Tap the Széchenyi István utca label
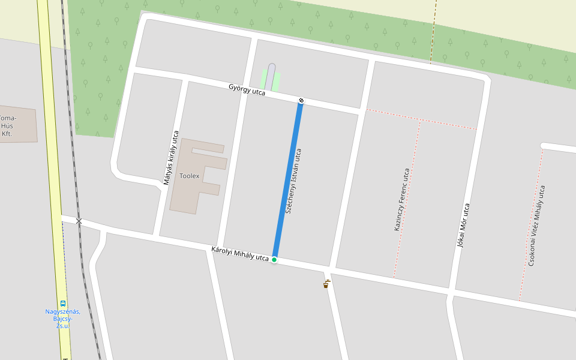click(294, 181)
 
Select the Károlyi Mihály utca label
click(240, 254)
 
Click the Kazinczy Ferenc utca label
click(402, 199)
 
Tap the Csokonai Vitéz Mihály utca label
click(536, 225)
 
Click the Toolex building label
click(190, 176)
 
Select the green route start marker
click(274, 259)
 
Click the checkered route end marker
click(301, 100)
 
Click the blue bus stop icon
click(63, 304)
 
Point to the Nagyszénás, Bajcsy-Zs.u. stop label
click(63, 318)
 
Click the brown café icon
click(326, 284)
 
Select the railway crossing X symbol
click(79, 221)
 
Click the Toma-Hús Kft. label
click(7, 125)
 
